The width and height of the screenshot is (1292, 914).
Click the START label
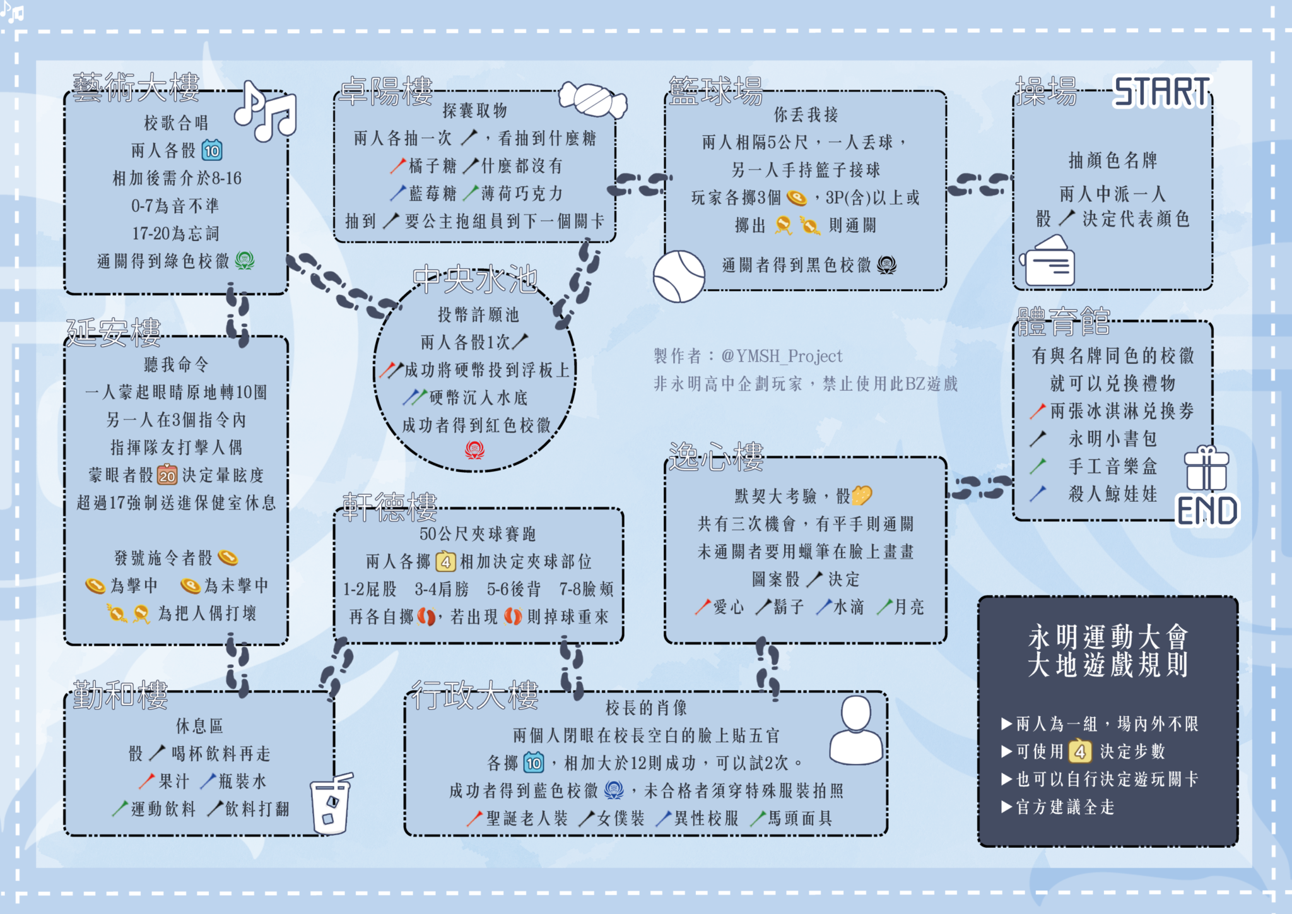pos(1161,92)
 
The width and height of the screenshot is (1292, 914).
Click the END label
pos(1207,511)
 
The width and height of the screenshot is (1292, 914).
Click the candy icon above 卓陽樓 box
pos(592,100)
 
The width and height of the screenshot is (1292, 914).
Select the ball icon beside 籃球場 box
pos(679,276)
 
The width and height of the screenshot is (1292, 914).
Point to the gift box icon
pos(1206,468)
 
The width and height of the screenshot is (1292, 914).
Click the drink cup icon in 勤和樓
pos(331,803)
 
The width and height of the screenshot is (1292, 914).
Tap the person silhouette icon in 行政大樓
pos(856,730)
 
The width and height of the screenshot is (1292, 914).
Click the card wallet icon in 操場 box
pos(1048,261)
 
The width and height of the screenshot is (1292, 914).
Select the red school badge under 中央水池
pos(474,449)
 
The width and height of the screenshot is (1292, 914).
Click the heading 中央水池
pos(475,280)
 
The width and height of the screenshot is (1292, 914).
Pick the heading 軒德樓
pos(389,507)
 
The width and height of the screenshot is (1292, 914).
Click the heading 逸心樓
pos(716,457)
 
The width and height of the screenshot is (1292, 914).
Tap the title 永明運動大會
pos(1108,637)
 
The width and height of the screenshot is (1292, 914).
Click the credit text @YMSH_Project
pos(782,356)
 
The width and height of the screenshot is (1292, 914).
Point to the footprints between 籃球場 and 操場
pos(980,184)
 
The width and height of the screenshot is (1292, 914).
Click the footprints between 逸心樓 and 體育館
pos(980,488)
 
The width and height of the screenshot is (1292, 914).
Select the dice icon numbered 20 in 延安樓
pos(167,474)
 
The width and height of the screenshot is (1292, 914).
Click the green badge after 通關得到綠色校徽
pos(245,260)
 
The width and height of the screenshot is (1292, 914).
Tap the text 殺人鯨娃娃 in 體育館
pos(1113,494)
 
